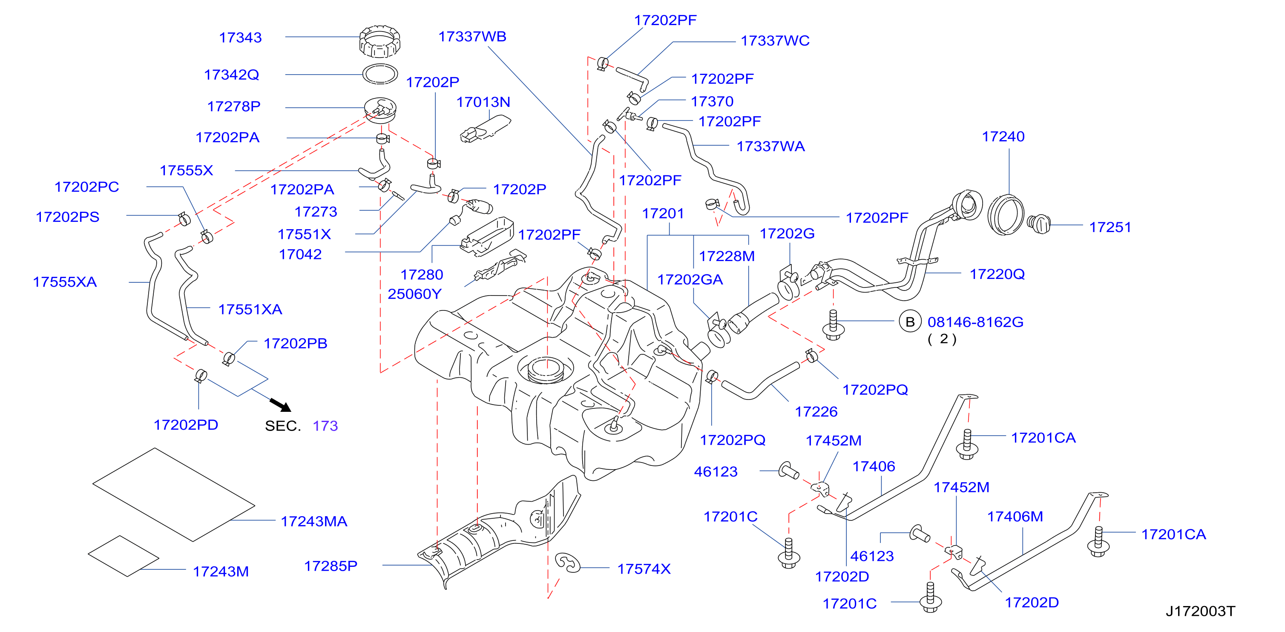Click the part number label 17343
[x=241, y=37]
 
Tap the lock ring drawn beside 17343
[x=379, y=41]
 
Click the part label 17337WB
[x=472, y=37]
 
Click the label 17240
[x=1003, y=137]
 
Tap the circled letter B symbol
[x=910, y=322]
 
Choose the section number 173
[x=325, y=425]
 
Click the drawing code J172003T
[x=1200, y=611]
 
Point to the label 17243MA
[x=314, y=521]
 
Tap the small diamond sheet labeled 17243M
[x=124, y=556]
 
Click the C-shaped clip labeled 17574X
[x=567, y=563]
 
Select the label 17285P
[x=331, y=566]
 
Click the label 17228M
[x=727, y=256]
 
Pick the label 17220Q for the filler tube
[x=997, y=274]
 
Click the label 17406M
[x=1015, y=516]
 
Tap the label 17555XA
[x=65, y=282]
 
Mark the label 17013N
[x=483, y=102]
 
